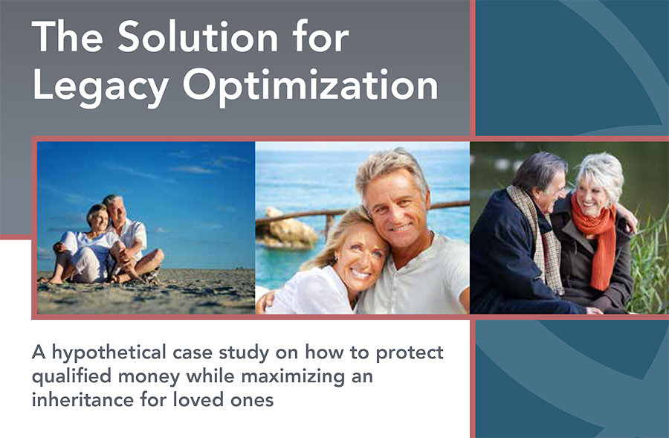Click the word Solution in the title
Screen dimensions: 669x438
tap(198, 37)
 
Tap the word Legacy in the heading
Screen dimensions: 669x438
tap(100, 87)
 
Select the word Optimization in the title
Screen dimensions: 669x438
tap(310, 87)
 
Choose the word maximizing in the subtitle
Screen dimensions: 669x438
tap(293, 377)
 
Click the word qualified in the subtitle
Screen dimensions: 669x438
tap(71, 377)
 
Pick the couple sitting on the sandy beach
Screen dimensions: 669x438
tap(106, 240)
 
